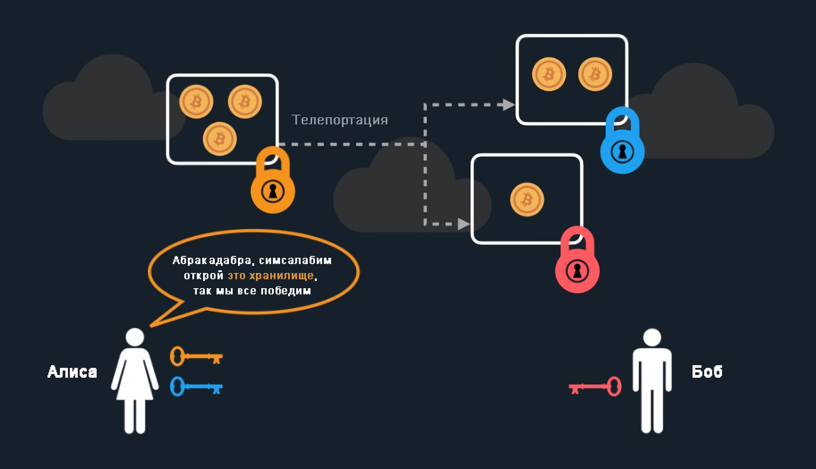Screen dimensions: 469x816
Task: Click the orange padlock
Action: click(273, 185)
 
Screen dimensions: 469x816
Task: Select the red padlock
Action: click(577, 265)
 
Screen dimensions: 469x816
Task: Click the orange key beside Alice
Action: click(196, 357)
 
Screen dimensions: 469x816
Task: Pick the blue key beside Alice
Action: click(196, 387)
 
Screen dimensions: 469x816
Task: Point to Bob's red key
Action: click(595, 387)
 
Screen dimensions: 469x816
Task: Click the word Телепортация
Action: click(339, 120)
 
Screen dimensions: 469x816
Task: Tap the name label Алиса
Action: click(72, 372)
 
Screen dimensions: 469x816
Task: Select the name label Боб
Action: click(707, 372)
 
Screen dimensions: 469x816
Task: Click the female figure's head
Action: click(135, 337)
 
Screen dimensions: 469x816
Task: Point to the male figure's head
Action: click(652, 337)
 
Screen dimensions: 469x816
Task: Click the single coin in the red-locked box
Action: click(527, 200)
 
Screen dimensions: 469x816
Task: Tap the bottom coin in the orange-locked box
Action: click(220, 139)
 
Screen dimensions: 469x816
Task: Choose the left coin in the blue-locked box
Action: click(549, 74)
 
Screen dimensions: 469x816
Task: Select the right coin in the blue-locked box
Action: click(595, 74)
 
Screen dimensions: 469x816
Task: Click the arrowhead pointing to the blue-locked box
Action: click(508, 105)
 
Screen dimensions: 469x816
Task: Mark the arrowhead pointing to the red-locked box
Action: click(463, 224)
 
